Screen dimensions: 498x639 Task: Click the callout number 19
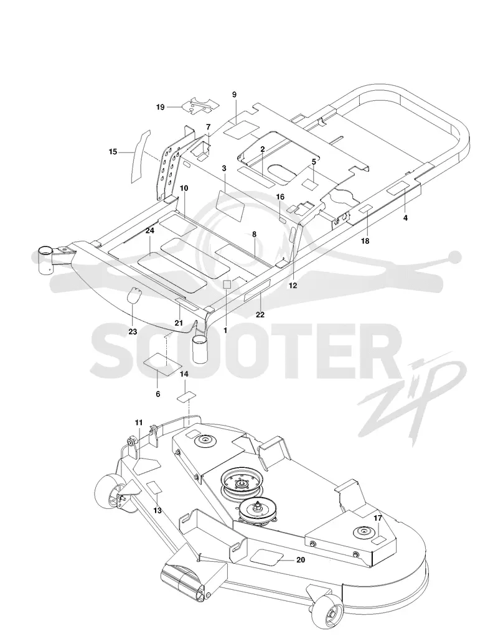pyautogui.click(x=160, y=107)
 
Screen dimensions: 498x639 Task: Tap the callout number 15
pyautogui.click(x=113, y=152)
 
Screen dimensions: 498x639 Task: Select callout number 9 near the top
pyautogui.click(x=234, y=95)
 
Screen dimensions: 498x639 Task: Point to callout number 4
pyautogui.click(x=405, y=218)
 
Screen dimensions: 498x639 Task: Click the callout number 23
pyautogui.click(x=133, y=332)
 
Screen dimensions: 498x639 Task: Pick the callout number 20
pyautogui.click(x=301, y=560)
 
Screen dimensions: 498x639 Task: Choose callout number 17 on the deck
pyautogui.click(x=378, y=518)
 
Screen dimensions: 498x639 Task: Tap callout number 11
pyautogui.click(x=139, y=422)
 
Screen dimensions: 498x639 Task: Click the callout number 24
pyautogui.click(x=149, y=231)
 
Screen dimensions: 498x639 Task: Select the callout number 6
pyautogui.click(x=158, y=394)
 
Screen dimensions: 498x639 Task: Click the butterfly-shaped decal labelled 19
pyautogui.click(x=200, y=105)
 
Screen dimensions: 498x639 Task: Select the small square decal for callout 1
pyautogui.click(x=227, y=284)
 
